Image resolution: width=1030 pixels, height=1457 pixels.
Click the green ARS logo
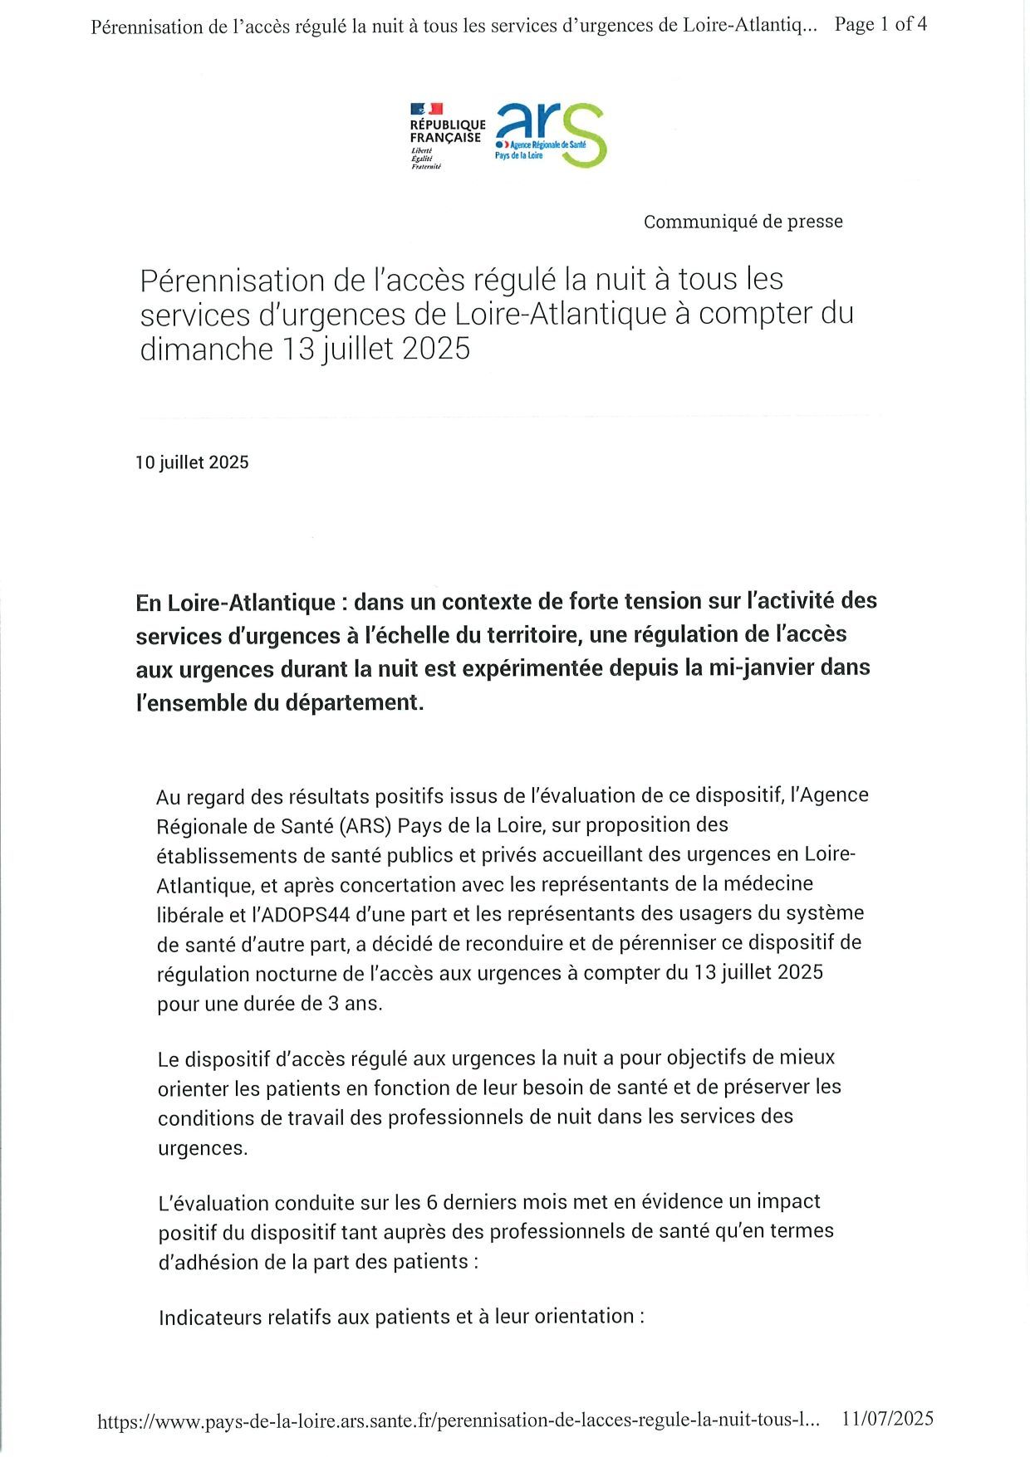coord(551,134)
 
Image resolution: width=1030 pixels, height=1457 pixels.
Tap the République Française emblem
coord(447,135)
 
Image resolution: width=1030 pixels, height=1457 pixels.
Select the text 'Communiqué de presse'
coord(743,222)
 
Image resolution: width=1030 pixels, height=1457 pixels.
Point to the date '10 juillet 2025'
coord(192,462)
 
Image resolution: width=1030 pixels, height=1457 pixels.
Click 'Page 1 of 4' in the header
coord(880,25)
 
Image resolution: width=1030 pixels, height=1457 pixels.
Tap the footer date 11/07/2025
coord(887,1419)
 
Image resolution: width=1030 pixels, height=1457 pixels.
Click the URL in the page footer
coord(459,1420)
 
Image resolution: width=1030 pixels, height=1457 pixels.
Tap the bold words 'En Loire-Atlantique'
coord(236,602)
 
